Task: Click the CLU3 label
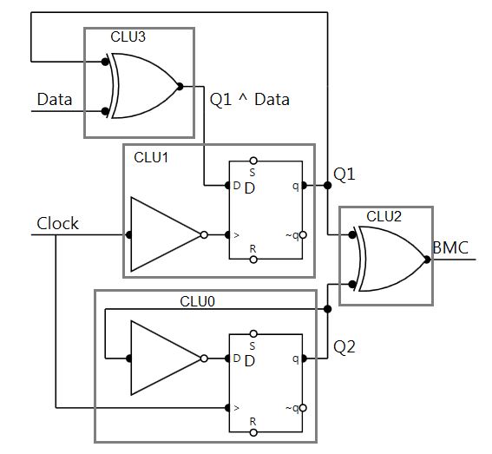pos(128,36)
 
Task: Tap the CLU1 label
pos(151,157)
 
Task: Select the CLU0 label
pos(197,301)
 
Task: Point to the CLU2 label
pos(384,216)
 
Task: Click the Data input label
pos(55,99)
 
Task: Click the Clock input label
pos(57,224)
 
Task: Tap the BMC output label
pos(450,247)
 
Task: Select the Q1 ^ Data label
pos(249,100)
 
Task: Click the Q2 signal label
pos(344,347)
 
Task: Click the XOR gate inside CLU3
pos(143,86)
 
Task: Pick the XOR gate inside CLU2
pos(390,259)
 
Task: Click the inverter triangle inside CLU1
pos(166,234)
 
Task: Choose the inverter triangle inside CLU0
pos(166,358)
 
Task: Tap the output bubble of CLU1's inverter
pos(204,235)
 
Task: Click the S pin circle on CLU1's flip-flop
pos(253,161)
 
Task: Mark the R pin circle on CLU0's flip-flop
pos(253,432)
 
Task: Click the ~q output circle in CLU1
pos(303,235)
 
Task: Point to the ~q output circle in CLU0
pos(303,408)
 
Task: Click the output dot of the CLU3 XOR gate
pos(180,86)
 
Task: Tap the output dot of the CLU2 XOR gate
pos(427,260)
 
